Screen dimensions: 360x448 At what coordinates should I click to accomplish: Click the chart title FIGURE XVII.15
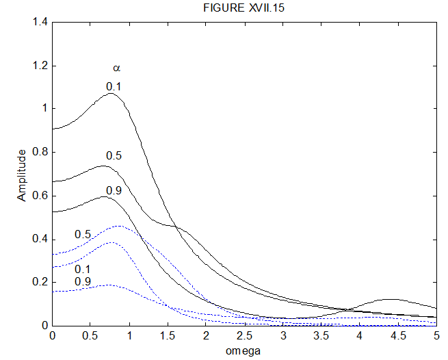pos(243,8)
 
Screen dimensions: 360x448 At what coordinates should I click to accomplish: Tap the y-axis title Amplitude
pos(23,175)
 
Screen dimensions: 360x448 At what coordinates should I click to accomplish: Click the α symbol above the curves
pos(116,68)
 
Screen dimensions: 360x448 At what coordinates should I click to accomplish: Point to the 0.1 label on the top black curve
pos(114,86)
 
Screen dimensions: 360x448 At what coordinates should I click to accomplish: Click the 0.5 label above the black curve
pos(114,156)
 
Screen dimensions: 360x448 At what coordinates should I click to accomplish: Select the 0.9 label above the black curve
pos(114,190)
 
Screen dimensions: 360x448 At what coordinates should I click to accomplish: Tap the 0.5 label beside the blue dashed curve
pos(83,235)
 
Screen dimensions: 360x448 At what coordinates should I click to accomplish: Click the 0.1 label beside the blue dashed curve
pos(83,269)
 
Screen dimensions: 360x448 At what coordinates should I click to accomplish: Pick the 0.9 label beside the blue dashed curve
pos(83,281)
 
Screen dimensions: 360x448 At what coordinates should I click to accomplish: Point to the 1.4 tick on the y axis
pos(40,23)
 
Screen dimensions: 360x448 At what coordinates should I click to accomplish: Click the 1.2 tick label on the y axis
pos(40,66)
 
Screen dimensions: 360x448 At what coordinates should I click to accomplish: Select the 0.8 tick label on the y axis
pos(40,152)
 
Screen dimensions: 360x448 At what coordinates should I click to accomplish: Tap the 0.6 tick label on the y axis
pos(40,196)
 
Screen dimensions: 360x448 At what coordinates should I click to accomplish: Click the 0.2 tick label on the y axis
pos(40,282)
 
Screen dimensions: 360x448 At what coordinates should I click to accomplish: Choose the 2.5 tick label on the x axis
pos(244,336)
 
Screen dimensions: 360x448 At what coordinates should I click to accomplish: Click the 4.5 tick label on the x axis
pos(398,336)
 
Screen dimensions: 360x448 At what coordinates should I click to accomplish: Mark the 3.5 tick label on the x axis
pos(321,336)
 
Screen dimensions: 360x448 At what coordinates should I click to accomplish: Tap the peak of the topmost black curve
pos(111,93)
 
